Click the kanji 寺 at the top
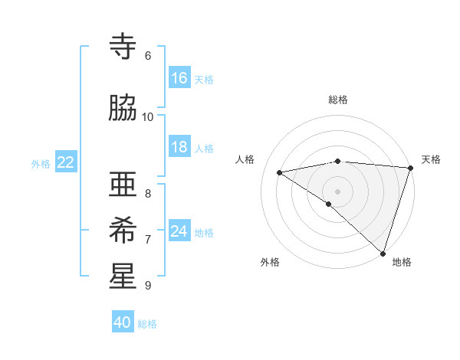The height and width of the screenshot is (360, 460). (x=123, y=47)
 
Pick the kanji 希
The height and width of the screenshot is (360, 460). (x=123, y=231)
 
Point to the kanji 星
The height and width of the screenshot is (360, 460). (x=123, y=277)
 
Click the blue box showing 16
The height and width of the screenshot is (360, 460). (x=179, y=77)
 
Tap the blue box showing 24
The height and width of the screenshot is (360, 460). (x=179, y=231)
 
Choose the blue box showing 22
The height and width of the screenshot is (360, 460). (x=66, y=162)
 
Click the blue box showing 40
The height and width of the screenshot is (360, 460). (x=123, y=322)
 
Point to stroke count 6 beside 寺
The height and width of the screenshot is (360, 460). (x=147, y=56)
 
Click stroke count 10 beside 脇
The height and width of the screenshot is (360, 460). (x=147, y=117)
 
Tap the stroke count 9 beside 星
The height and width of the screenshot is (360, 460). (x=147, y=286)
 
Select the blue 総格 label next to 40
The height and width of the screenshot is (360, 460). (x=147, y=324)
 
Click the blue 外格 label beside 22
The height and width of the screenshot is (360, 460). (x=41, y=163)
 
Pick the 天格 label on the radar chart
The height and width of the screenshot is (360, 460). (x=431, y=159)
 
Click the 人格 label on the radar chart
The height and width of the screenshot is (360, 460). (x=245, y=159)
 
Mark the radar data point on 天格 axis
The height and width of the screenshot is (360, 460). (x=411, y=168)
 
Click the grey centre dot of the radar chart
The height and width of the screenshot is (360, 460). (x=337, y=191)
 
